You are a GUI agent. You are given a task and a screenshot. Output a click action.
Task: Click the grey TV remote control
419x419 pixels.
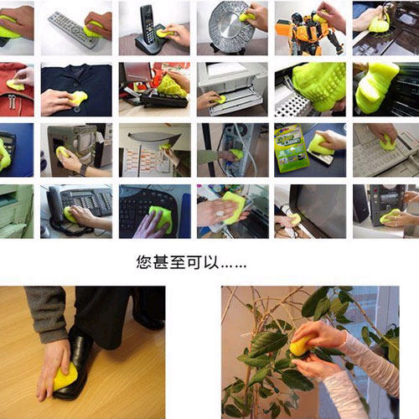click(70, 28)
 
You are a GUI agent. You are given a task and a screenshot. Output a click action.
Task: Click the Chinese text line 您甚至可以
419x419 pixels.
click(191, 262)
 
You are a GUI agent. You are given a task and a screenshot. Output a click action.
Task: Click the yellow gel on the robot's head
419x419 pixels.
click(319, 17)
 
